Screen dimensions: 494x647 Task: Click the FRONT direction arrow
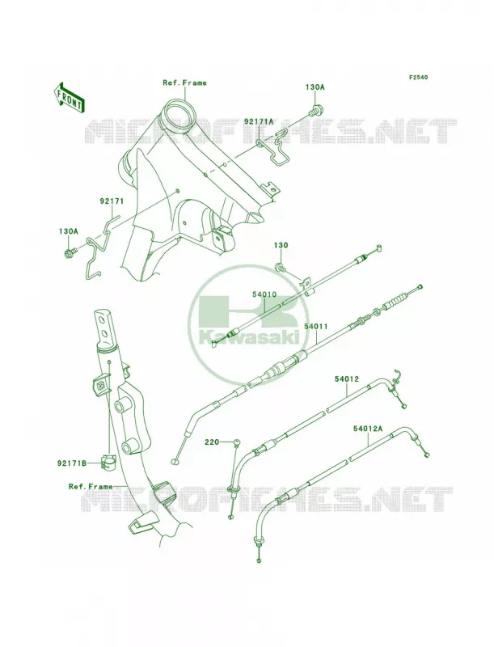70,98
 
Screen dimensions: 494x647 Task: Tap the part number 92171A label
259,121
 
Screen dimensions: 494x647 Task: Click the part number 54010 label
264,294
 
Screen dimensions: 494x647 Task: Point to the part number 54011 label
316,327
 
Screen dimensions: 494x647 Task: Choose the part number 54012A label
367,429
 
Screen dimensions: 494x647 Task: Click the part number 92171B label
72,463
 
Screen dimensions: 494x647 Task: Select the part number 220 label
212,442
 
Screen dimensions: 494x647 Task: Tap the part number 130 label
281,246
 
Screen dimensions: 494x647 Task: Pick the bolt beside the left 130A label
70,252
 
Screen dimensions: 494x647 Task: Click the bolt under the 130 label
280,266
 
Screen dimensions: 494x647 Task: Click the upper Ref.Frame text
184,83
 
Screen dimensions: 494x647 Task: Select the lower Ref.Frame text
91,487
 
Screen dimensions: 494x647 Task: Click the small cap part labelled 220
237,442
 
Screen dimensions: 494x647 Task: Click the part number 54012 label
347,379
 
